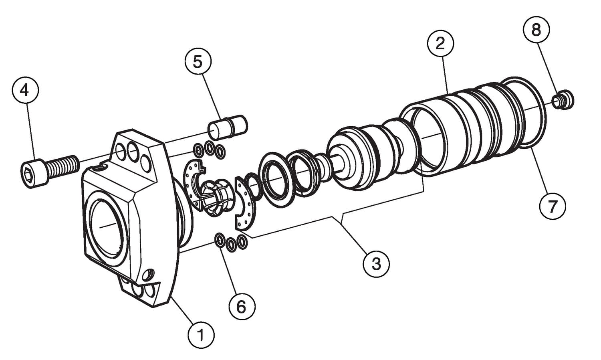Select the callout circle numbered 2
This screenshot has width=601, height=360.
[440, 43]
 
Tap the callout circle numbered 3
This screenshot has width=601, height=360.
[376, 264]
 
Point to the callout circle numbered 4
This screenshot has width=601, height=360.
[25, 91]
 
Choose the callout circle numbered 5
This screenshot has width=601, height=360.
[198, 62]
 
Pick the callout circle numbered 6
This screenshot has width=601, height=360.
[242, 307]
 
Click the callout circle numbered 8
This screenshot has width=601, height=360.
[536, 29]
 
